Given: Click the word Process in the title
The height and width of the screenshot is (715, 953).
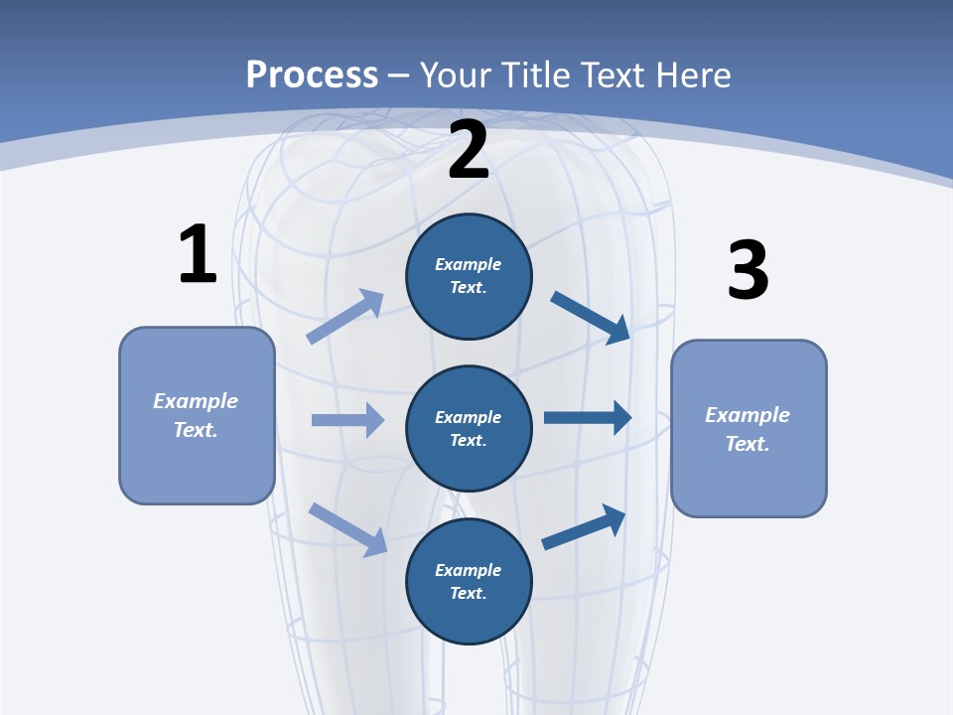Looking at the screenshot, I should pos(312,74).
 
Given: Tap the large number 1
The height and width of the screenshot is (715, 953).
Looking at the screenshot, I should pos(198,254).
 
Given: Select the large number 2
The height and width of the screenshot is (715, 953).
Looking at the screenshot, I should pos(468,151).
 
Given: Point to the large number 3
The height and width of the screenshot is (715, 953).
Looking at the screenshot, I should pos(748,270).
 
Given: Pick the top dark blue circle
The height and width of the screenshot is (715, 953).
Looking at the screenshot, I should pos(469,276).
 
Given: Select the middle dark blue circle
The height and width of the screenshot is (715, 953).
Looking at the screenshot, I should pos(469,428).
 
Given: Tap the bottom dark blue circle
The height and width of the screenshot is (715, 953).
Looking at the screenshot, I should pos(469,581).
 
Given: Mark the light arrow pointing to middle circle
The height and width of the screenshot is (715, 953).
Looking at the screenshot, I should pos(347,420).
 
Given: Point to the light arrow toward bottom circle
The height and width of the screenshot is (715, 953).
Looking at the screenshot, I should pos(347,529).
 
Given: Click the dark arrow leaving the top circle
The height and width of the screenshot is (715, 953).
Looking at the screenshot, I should pos(591,317).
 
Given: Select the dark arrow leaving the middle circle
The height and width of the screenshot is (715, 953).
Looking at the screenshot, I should pos(588,418).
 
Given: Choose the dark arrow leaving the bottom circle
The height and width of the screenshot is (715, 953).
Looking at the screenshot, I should pos(584,527).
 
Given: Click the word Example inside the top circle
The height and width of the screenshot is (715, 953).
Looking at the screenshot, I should pos(469,264).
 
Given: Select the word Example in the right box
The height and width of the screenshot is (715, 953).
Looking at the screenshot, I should pos(748,415).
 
